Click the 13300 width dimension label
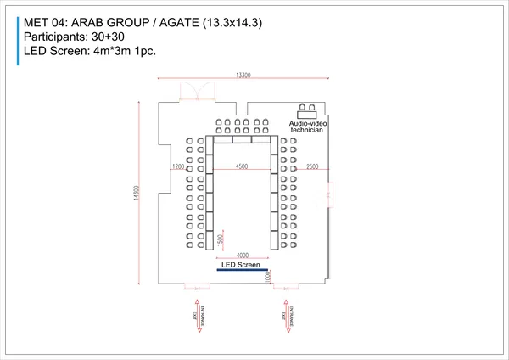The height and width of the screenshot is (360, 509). (243, 76)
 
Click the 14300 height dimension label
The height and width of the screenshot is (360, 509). (136, 194)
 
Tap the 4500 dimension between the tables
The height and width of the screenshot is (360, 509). (243, 167)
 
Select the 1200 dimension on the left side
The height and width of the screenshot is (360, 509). (177, 167)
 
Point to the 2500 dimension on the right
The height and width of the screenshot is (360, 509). (313, 167)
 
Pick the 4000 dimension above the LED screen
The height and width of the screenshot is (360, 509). (243, 256)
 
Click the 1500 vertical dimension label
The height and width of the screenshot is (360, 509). (221, 242)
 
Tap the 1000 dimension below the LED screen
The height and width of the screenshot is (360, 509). (267, 277)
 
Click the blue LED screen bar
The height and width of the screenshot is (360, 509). (243, 270)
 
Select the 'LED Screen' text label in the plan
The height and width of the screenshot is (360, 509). (241, 265)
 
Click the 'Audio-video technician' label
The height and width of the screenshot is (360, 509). (308, 127)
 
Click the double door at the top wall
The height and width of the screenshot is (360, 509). (187, 93)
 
